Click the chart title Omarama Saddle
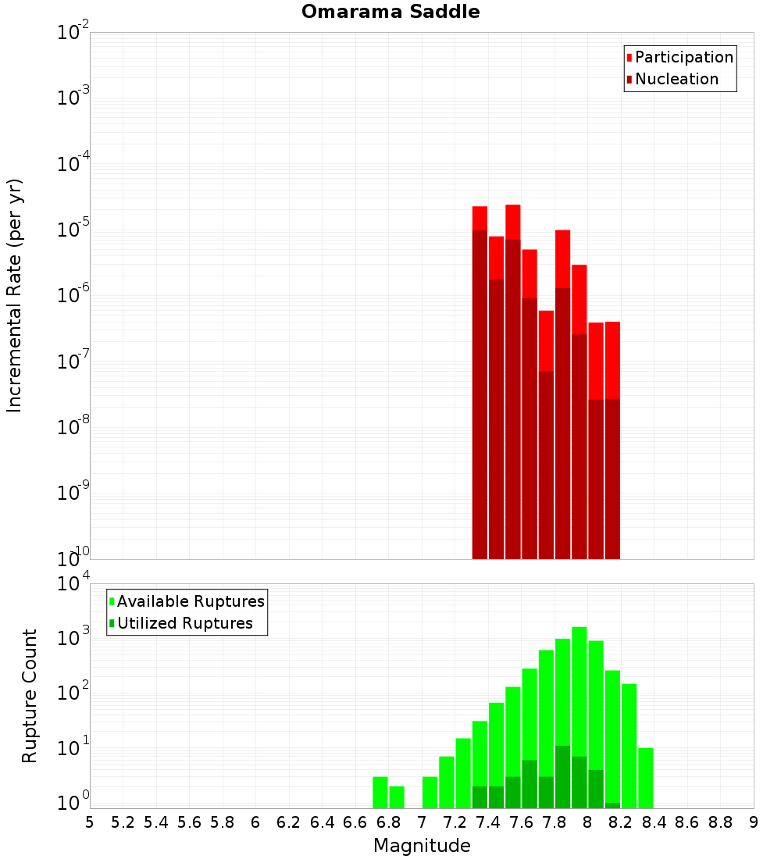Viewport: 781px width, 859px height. point(390,12)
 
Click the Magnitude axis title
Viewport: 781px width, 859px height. point(422,846)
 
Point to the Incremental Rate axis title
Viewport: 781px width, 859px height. point(15,296)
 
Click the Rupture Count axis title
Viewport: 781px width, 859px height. point(30,696)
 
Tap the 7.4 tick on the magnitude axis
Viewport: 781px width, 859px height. point(488,822)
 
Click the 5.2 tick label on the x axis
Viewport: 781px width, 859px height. point(123,822)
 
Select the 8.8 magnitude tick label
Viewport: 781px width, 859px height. point(720,822)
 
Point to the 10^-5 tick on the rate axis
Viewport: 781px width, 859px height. point(73,229)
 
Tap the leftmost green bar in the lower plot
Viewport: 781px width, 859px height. point(380,793)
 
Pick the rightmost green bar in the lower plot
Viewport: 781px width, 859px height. point(645,778)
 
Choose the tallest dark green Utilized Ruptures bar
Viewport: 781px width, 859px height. point(562,777)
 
